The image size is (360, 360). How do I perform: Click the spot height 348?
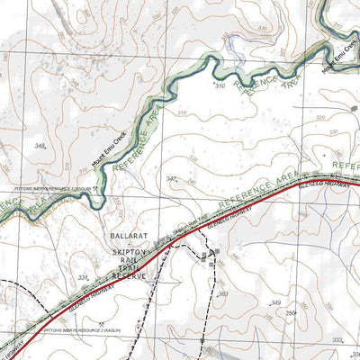(39, 144)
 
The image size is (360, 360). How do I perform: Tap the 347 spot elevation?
(173, 181)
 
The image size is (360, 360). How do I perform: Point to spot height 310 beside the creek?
(219, 85)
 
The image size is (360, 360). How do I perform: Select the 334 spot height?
(83, 277)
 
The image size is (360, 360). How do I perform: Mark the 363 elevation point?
(222, 293)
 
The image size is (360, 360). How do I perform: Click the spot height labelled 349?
(276, 302)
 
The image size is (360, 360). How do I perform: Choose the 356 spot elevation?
(291, 312)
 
